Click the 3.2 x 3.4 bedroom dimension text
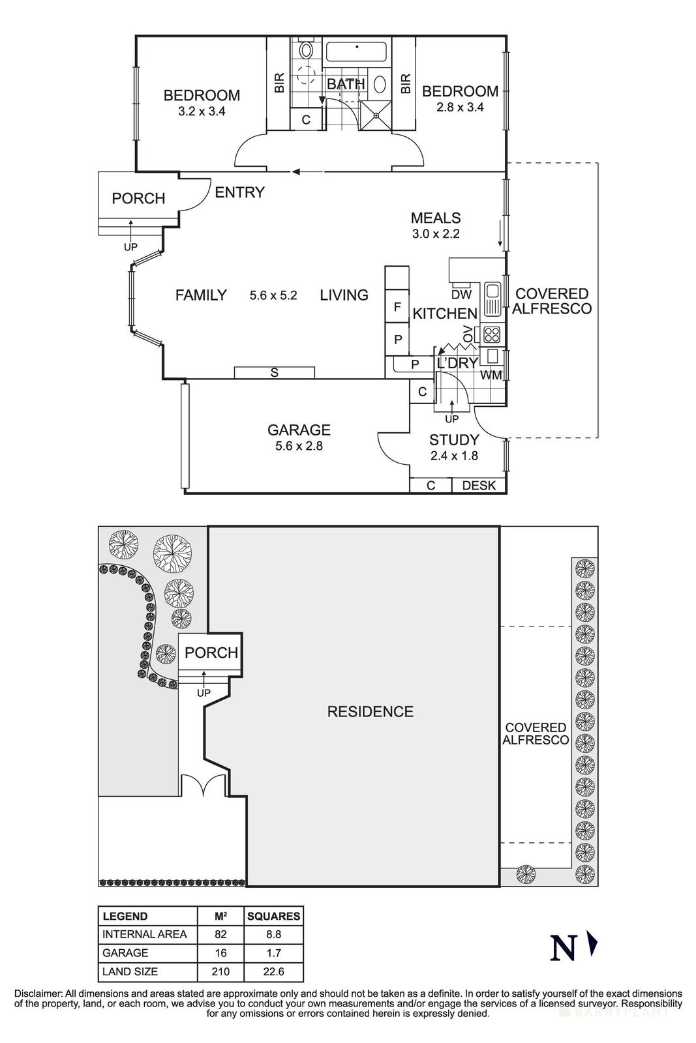tap(201, 111)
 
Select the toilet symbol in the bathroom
tap(305, 51)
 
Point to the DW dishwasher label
tap(461, 294)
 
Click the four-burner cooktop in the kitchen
tap(492, 335)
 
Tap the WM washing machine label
tap(491, 375)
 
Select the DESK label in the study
tap(479, 486)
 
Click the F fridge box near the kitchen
tap(397, 306)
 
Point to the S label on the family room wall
tap(275, 373)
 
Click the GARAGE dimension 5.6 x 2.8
tap(299, 447)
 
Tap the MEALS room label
tap(436, 218)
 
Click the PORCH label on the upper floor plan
tap(138, 198)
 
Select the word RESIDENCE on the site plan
tap(370, 711)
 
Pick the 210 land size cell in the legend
tap(220, 971)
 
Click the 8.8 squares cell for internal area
tap(273, 934)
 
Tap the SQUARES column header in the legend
tap(273, 916)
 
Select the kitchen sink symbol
tap(492, 292)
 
